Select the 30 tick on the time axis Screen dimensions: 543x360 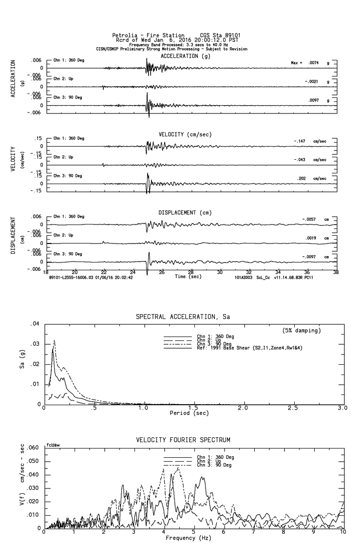(220, 272)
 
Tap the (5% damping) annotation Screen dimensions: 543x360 (302, 330)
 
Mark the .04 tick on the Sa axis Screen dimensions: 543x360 (35, 323)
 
